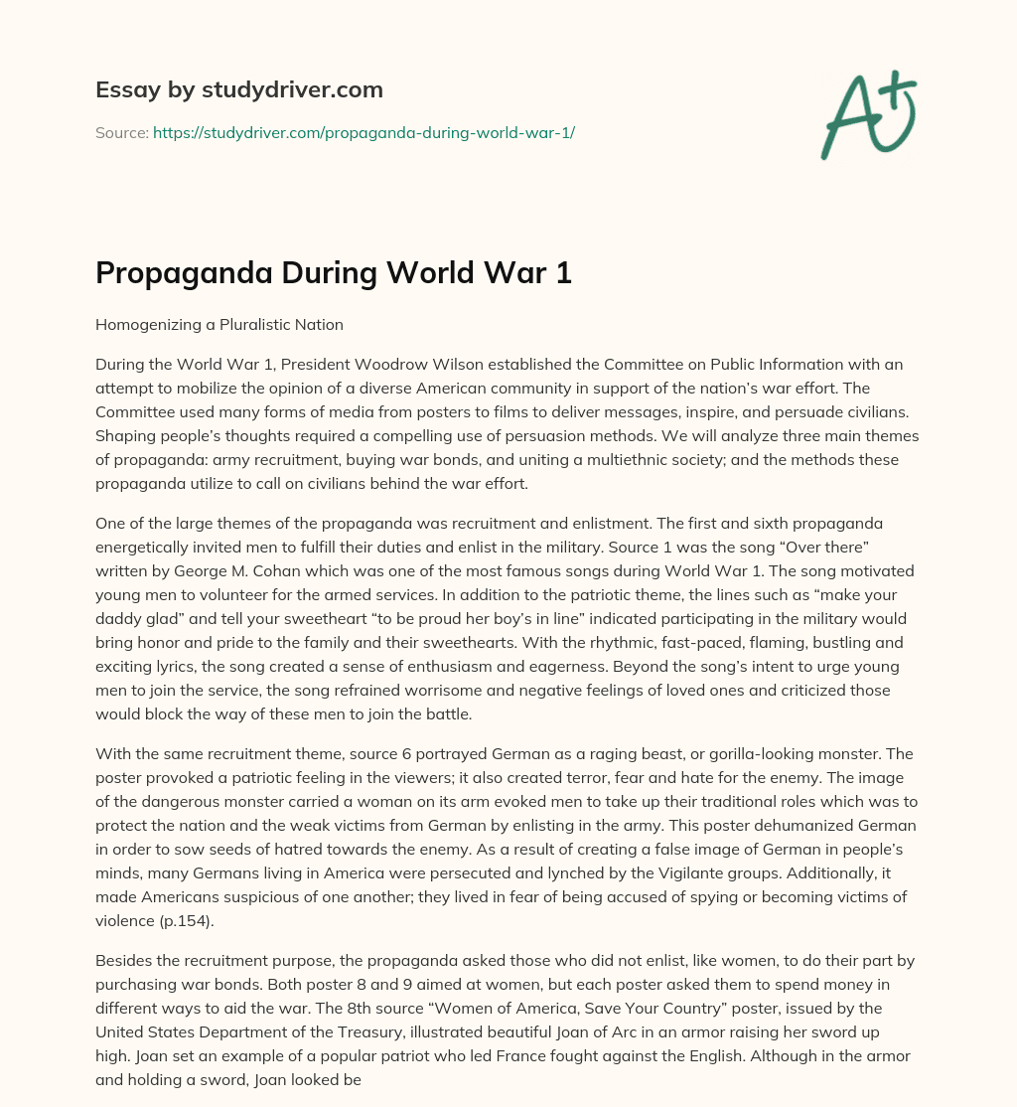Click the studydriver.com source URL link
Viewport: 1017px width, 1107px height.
(x=363, y=132)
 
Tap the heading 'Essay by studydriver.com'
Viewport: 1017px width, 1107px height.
(x=239, y=89)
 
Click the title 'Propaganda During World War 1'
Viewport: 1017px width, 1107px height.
(x=334, y=273)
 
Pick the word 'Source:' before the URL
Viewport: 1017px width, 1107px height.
(x=121, y=132)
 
